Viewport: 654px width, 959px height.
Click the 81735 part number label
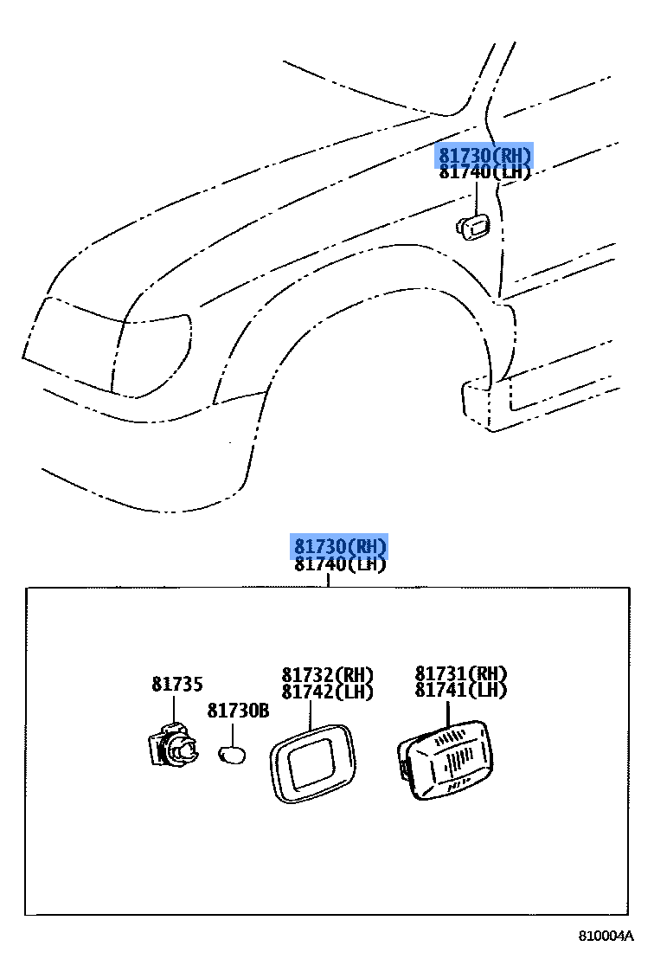[177, 685]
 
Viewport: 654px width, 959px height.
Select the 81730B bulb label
[238, 711]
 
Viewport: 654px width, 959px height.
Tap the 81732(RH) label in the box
[327, 675]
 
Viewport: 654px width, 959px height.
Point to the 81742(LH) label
[327, 692]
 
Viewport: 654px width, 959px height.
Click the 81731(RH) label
[460, 674]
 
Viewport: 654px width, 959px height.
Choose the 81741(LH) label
[460, 691]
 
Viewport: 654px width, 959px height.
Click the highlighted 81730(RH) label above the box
[339, 547]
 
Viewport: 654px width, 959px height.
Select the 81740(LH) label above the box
[339, 564]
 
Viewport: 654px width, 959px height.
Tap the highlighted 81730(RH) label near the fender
[484, 156]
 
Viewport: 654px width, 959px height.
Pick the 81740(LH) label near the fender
[484, 172]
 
